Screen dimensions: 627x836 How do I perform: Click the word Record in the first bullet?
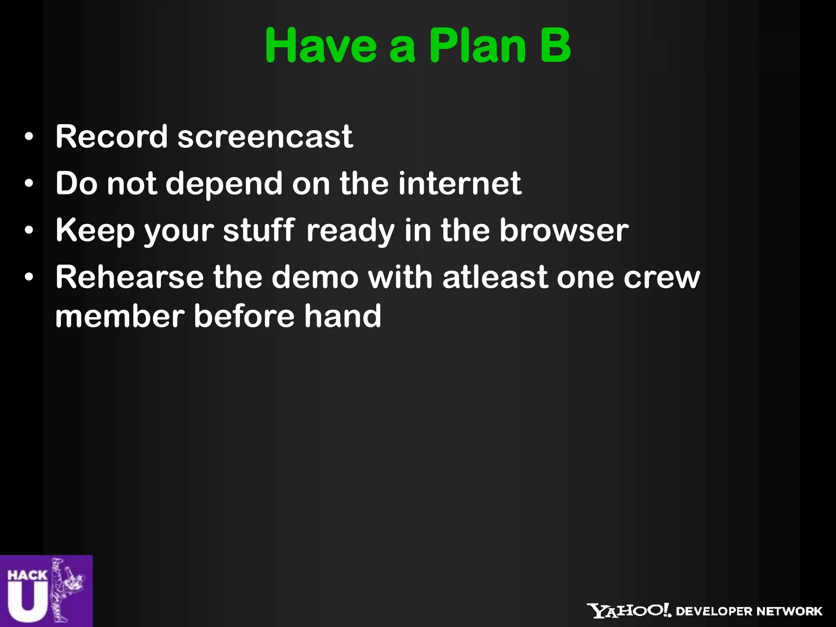click(111, 136)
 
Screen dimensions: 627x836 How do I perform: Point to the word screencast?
click(265, 136)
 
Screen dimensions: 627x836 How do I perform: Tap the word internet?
click(460, 183)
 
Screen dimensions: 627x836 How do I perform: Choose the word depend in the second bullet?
click(224, 184)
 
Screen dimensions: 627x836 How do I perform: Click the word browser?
click(564, 230)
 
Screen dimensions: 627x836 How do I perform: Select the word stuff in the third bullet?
click(259, 230)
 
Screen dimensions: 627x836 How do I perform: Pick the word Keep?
click(95, 231)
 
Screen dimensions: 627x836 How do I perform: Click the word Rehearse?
click(129, 277)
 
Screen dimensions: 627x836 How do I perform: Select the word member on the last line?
click(120, 316)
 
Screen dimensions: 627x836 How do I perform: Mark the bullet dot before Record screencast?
click(29, 137)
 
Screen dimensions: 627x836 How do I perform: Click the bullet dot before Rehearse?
click(29, 278)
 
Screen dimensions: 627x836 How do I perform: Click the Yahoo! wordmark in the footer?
click(629, 611)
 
